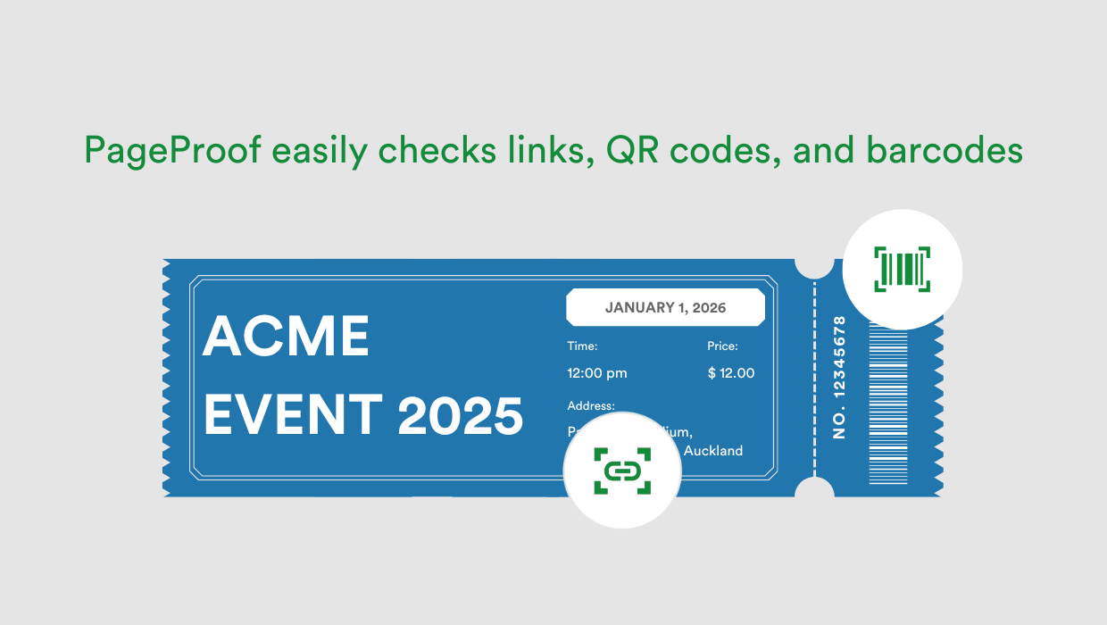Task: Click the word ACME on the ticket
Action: [x=286, y=337]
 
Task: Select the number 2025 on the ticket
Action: [x=460, y=415]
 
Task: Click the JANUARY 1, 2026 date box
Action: [x=665, y=307]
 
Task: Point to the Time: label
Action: [x=582, y=346]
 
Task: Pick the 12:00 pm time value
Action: [x=597, y=372]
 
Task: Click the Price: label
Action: [x=722, y=346]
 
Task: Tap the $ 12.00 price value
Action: [x=730, y=372]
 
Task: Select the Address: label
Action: [x=590, y=405]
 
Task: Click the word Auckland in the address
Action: [x=712, y=451]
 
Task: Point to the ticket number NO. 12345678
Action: [x=838, y=376]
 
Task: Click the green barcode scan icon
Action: [x=903, y=269]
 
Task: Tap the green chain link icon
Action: [x=622, y=471]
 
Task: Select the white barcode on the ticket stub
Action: [x=887, y=402]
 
